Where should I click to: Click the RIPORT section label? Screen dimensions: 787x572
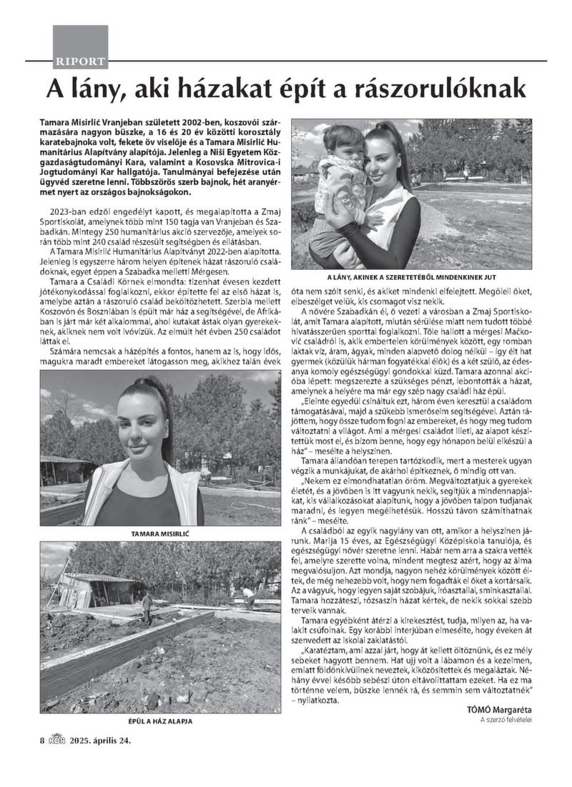(80, 61)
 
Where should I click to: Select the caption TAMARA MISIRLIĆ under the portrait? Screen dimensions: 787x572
(159, 533)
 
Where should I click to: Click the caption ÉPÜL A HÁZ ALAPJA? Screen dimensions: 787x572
(159, 721)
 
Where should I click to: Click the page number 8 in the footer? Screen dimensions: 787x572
(42, 740)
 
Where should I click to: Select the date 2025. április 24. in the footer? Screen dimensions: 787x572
(100, 740)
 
